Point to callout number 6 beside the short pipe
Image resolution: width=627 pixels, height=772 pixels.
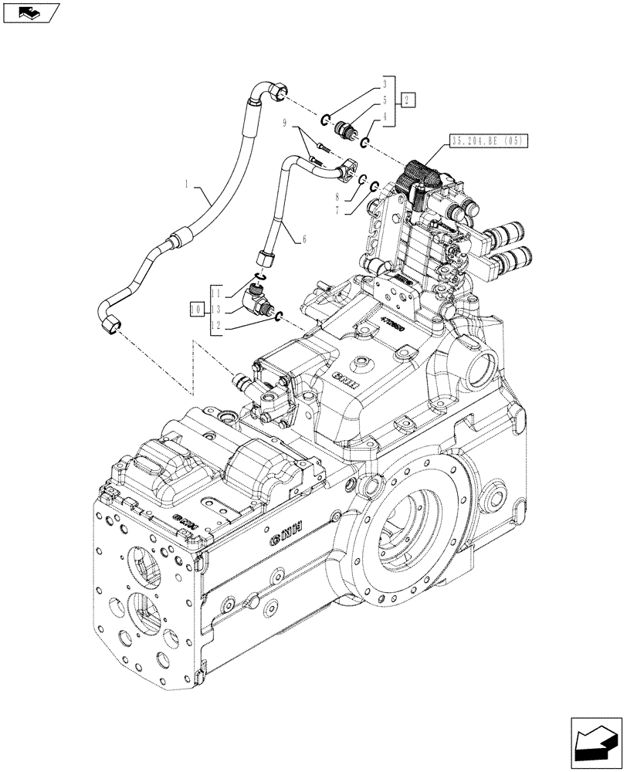[x=303, y=239]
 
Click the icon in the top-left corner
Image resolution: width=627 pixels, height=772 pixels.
[x=31, y=13]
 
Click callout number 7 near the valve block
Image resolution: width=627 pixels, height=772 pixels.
[x=358, y=209]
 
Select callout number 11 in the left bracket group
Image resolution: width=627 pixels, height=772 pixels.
[x=218, y=294]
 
